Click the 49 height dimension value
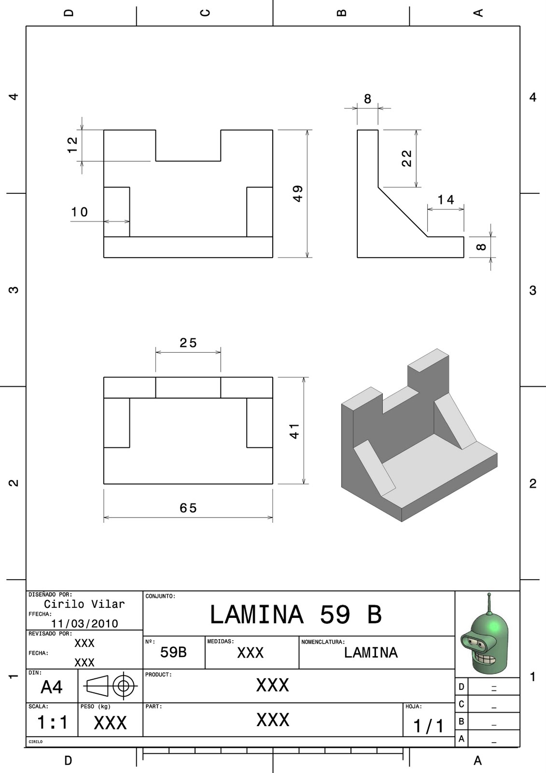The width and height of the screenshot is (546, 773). point(298,194)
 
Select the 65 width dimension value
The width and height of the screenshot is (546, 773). point(188,508)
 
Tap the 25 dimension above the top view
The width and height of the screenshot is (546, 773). point(188,343)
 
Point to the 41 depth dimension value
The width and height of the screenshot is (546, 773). point(294,431)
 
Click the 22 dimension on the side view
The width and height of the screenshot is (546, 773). point(407,158)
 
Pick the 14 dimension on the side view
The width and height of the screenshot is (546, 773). point(446,200)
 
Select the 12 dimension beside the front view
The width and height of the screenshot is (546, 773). point(72,145)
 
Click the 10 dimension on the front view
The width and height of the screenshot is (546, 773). point(80,212)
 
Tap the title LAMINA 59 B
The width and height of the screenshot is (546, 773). point(295,615)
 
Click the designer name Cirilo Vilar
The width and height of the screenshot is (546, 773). point(84,604)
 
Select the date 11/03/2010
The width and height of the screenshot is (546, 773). point(84,624)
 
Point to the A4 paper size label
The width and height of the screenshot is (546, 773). point(52,687)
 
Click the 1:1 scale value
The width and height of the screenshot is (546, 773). point(52,723)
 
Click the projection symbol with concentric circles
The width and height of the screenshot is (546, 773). point(124,686)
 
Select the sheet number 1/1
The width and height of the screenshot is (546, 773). point(428,726)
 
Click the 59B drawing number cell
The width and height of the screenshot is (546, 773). point(173,653)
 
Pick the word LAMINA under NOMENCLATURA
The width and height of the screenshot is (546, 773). point(371,653)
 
